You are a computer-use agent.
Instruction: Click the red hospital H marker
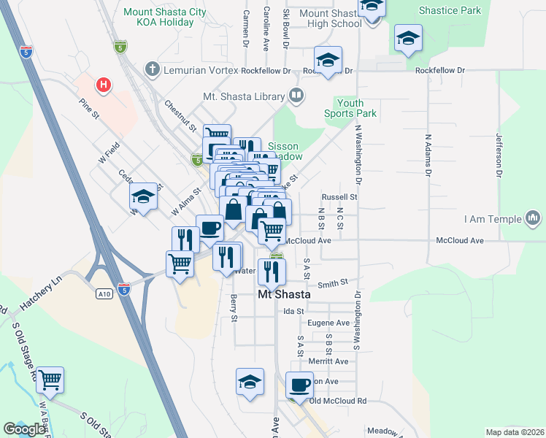(x=104, y=85)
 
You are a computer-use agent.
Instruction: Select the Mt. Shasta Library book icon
(x=296, y=95)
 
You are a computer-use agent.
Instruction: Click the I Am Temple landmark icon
(x=533, y=218)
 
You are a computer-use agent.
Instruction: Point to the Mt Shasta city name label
(x=284, y=294)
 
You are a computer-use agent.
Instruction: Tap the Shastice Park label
(x=450, y=11)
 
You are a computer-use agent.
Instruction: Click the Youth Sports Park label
(x=350, y=108)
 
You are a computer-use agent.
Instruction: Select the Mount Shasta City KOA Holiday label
(x=158, y=17)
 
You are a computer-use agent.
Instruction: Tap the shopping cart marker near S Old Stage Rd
(x=50, y=380)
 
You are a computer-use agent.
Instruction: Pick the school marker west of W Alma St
(x=144, y=197)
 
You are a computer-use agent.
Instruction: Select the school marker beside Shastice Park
(x=408, y=39)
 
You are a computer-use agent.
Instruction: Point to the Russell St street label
(x=339, y=197)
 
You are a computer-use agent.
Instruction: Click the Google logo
(x=24, y=429)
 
